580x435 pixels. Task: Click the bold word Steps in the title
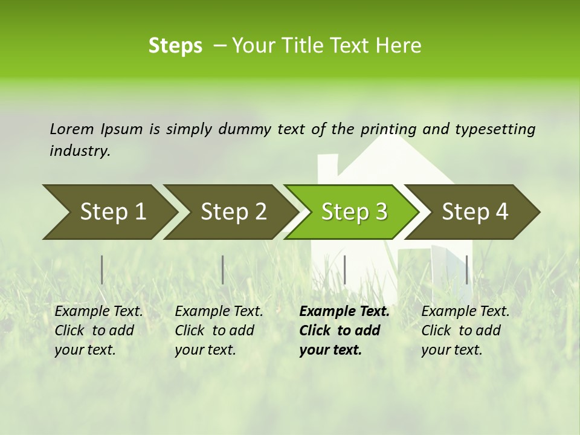tap(175, 46)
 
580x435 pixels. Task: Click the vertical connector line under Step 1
tap(102, 269)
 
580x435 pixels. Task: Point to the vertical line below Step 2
tap(223, 269)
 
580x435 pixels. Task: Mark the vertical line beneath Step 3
tap(344, 269)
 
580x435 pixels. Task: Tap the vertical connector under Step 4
tap(466, 269)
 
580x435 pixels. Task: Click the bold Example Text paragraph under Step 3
tap(344, 330)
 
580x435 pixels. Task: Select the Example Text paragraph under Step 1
tap(98, 330)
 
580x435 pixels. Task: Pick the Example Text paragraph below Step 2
tap(219, 330)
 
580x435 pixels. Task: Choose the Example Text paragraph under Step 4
tap(465, 330)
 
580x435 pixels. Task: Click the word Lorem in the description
tap(72, 129)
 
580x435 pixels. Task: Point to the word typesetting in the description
tap(495, 129)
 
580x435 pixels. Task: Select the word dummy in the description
tap(245, 129)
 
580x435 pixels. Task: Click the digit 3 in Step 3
tap(381, 212)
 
